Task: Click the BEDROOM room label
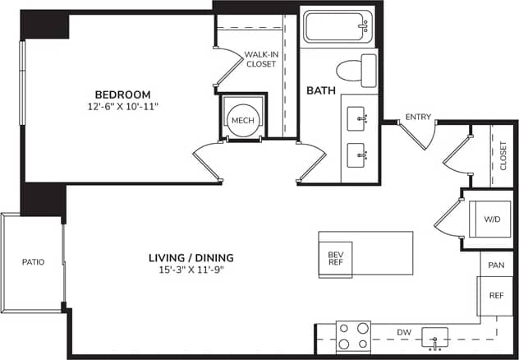click(122, 95)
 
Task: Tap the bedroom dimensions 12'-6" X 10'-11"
click(122, 107)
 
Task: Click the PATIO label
click(33, 262)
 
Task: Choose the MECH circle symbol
click(241, 119)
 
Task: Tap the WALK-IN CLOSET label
click(259, 59)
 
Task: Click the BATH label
click(319, 90)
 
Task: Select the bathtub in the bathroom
click(338, 27)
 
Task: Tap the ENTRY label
click(418, 118)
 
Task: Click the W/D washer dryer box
click(491, 219)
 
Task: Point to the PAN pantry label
click(495, 265)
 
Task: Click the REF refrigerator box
click(495, 294)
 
